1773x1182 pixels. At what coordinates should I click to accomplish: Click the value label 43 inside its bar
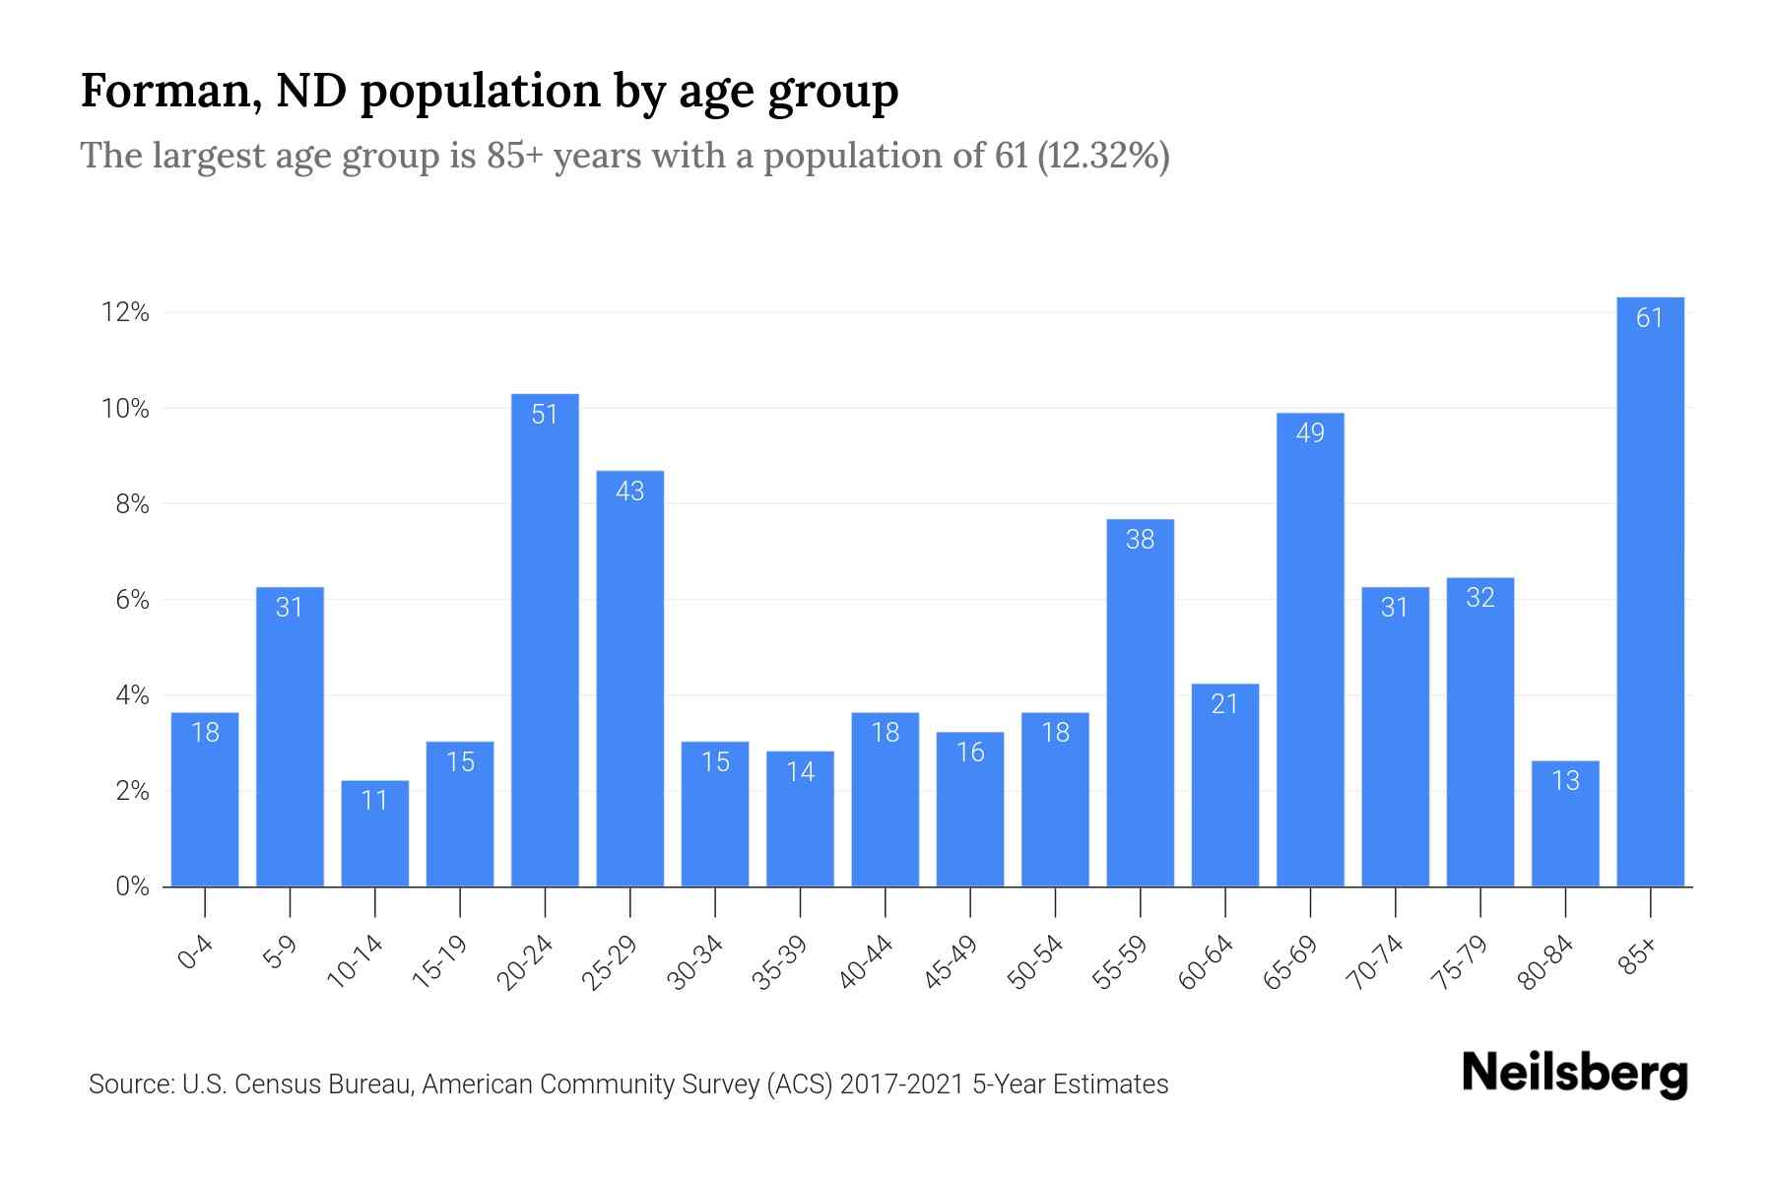(629, 491)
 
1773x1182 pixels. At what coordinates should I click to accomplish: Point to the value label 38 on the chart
(1140, 539)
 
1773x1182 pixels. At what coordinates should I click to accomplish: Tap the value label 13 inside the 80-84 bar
(1565, 780)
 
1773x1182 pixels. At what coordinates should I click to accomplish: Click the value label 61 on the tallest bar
(1650, 317)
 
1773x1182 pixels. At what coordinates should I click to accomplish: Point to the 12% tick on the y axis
(125, 313)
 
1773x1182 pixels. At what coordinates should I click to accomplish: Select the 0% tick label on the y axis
(132, 886)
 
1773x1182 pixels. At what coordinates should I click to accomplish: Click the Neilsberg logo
(1574, 1074)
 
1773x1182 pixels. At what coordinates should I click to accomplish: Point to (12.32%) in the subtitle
(1103, 156)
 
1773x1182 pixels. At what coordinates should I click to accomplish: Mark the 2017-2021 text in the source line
(901, 1084)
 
